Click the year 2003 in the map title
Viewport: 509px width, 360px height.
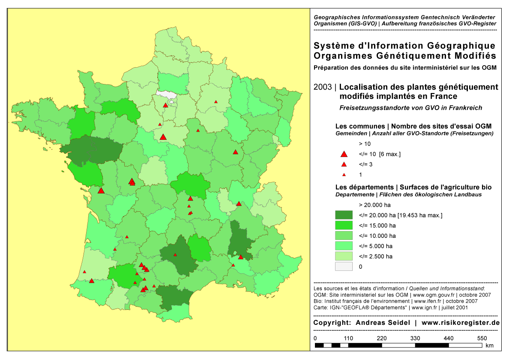[x=322, y=87]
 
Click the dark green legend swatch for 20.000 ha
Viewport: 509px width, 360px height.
[x=344, y=215]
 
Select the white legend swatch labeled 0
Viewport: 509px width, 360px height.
[x=344, y=267]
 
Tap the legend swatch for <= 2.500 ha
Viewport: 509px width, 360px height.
[x=344, y=256]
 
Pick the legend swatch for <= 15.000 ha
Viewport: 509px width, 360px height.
[x=344, y=225]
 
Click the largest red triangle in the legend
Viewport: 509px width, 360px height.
[x=343, y=154]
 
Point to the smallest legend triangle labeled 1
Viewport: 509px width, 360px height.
[x=343, y=175]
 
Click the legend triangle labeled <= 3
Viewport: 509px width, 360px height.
[x=343, y=165]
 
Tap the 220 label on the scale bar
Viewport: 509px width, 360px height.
[x=381, y=338]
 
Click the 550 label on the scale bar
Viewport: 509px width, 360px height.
[x=482, y=338]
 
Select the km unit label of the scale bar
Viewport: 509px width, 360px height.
[x=490, y=345]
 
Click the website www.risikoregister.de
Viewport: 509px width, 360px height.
[x=461, y=323]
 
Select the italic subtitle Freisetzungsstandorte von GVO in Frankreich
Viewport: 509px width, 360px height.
[x=411, y=108]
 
